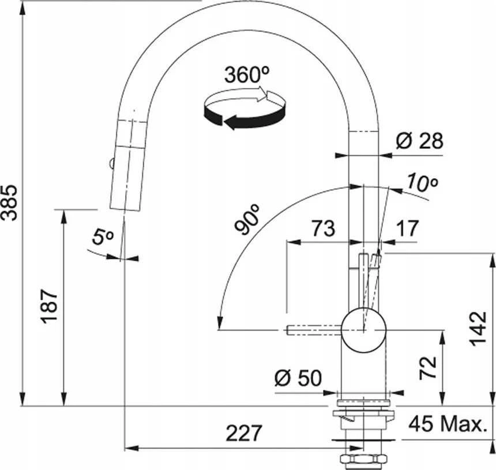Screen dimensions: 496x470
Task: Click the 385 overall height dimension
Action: click(9, 203)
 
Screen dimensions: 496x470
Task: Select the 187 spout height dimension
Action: click(50, 306)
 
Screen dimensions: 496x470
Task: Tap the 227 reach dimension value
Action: click(244, 433)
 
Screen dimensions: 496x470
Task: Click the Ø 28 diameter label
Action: click(419, 141)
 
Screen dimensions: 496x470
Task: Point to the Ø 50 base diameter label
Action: click(298, 378)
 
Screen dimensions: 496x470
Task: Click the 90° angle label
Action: click(247, 219)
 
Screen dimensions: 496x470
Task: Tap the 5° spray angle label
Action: click(103, 236)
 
